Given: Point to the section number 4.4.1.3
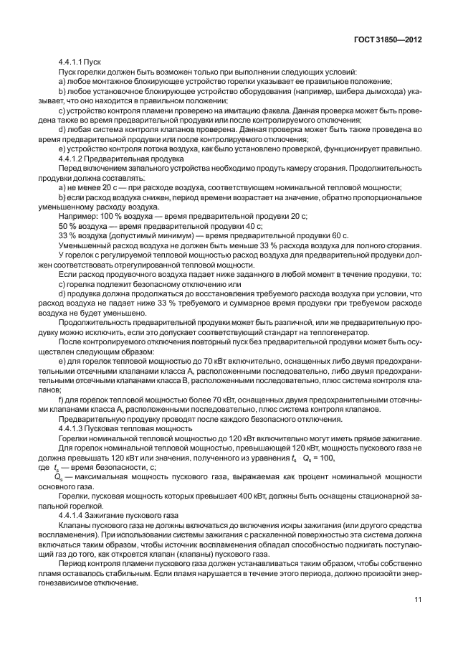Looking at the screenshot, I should tap(70, 428).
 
